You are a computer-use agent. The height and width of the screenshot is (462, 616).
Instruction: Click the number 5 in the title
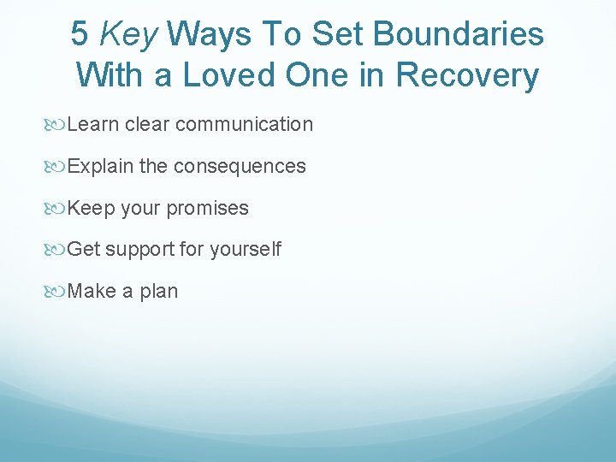(80, 34)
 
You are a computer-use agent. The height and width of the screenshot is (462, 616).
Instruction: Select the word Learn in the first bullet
(92, 125)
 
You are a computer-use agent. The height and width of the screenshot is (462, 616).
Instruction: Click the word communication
(245, 125)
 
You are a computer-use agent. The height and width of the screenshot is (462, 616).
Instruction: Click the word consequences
(240, 166)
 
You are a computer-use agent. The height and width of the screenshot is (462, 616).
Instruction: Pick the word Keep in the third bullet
(91, 208)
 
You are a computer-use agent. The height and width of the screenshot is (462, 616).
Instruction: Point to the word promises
(208, 208)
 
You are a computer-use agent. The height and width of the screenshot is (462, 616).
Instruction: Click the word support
(140, 250)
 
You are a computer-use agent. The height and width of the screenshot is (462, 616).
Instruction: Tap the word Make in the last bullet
(91, 291)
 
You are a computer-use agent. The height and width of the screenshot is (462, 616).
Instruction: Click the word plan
(159, 291)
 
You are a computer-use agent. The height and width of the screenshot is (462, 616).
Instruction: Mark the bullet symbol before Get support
(58, 250)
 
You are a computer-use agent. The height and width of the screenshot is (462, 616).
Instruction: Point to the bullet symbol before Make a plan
(58, 291)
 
